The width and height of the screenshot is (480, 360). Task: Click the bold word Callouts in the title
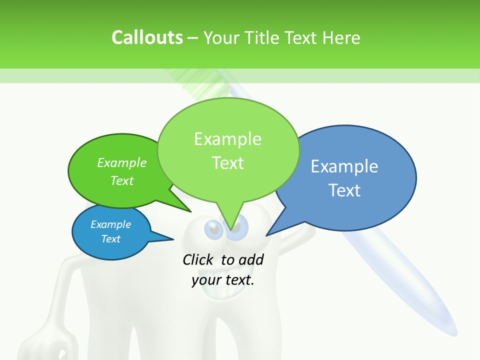pos(147,37)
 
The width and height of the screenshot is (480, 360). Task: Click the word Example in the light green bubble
pos(227,139)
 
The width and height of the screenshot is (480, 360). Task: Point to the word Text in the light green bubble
pos(227,163)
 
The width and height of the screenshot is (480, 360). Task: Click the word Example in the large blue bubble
pos(344,166)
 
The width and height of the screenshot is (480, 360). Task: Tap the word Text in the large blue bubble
pos(344,190)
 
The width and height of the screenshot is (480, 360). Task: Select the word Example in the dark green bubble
pos(122,162)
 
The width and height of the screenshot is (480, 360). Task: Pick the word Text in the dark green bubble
pos(122,180)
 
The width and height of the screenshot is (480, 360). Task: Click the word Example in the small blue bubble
pos(110,224)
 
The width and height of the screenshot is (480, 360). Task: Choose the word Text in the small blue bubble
pos(110,239)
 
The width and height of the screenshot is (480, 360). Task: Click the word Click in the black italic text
pos(198,259)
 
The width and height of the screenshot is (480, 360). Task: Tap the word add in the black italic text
pos(251,259)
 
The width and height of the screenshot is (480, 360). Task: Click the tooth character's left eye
pos(213,229)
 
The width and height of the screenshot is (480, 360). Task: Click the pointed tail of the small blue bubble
pos(167,238)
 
